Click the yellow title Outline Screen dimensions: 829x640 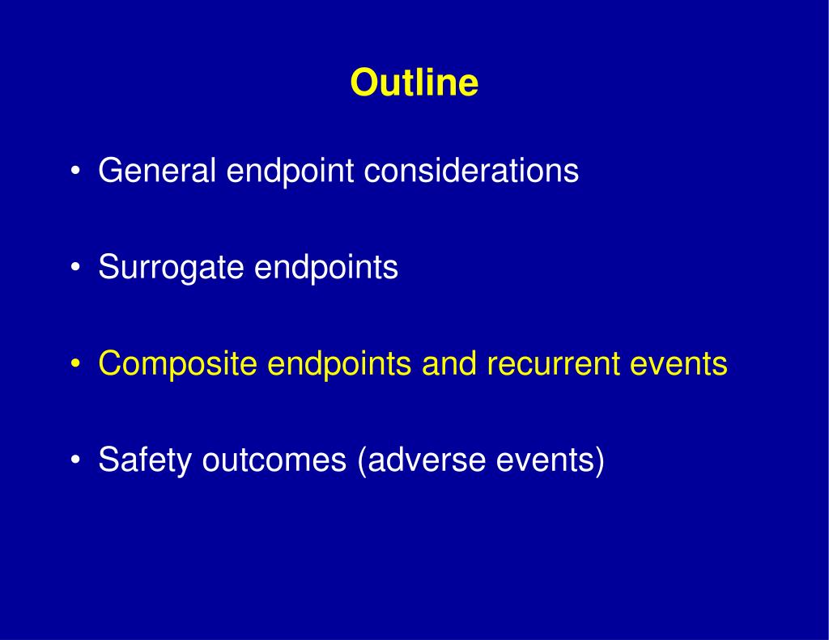(414, 83)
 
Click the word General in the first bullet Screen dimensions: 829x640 (157, 170)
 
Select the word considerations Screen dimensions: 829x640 (472, 170)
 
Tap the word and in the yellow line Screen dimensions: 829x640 (449, 363)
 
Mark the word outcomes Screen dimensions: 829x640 (274, 460)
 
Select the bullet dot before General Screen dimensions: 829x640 (75, 172)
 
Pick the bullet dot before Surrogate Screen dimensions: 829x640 (75, 268)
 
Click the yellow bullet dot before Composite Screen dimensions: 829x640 (75, 364)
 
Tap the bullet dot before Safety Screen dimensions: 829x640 (75, 460)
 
